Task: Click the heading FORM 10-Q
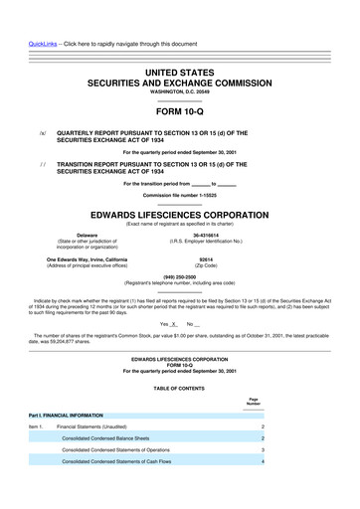pos(180,112)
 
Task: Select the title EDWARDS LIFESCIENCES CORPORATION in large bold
pos(180,212)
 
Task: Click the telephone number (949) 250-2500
pos(180,277)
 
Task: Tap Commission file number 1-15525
pos(180,195)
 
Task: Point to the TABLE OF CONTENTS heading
pos(180,387)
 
